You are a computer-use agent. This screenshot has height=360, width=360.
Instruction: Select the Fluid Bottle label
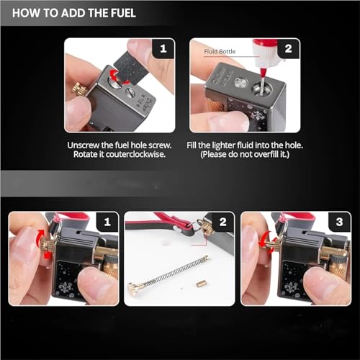(x=220, y=51)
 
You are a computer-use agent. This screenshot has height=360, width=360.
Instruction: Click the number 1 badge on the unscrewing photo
(x=163, y=49)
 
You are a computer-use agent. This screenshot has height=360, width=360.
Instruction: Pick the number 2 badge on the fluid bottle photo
(x=289, y=49)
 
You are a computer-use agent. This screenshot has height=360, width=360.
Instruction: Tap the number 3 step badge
(x=339, y=222)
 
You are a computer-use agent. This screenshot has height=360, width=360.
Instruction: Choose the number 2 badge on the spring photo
(x=223, y=222)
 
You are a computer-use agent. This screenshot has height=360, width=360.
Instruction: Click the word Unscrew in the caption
(x=83, y=145)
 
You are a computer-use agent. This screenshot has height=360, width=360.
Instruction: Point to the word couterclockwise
(x=135, y=154)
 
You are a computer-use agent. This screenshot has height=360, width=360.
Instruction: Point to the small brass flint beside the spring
(x=201, y=284)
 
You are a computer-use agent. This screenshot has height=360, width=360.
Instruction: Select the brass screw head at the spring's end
(x=134, y=287)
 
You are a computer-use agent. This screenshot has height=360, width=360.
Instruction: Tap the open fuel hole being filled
(x=262, y=89)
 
